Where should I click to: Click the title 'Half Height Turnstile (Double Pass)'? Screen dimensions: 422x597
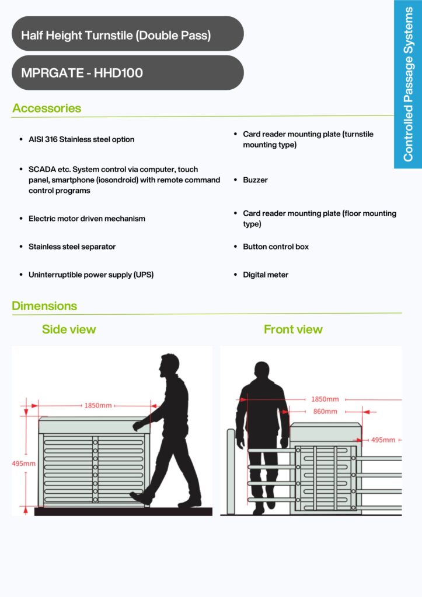(116, 36)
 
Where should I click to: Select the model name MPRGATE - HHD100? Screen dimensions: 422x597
(82, 73)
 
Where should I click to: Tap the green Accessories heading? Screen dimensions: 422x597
(47, 108)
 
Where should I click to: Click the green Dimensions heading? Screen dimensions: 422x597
(44, 305)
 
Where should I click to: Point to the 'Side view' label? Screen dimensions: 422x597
(69, 329)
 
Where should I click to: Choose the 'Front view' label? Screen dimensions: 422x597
(293, 329)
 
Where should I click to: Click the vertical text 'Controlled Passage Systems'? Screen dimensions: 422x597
(408, 84)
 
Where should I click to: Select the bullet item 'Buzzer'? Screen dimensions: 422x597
(256, 180)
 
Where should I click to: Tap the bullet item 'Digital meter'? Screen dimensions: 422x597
(266, 275)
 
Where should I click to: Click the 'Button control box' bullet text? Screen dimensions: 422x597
(276, 247)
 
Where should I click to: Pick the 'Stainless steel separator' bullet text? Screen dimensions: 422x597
(72, 247)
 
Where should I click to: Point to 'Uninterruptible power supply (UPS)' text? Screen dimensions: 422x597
(91, 275)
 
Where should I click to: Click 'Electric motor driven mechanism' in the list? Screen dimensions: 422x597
(87, 219)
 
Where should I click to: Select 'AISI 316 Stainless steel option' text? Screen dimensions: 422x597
(82, 139)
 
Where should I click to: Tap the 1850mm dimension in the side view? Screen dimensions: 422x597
(98, 406)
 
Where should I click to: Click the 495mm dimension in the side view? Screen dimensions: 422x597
(23, 463)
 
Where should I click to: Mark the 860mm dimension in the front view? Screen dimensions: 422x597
(325, 411)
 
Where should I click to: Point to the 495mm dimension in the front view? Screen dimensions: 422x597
(383, 440)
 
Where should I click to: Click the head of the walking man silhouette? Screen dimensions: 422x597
(170, 365)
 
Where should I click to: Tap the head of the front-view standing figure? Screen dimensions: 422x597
(262, 370)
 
